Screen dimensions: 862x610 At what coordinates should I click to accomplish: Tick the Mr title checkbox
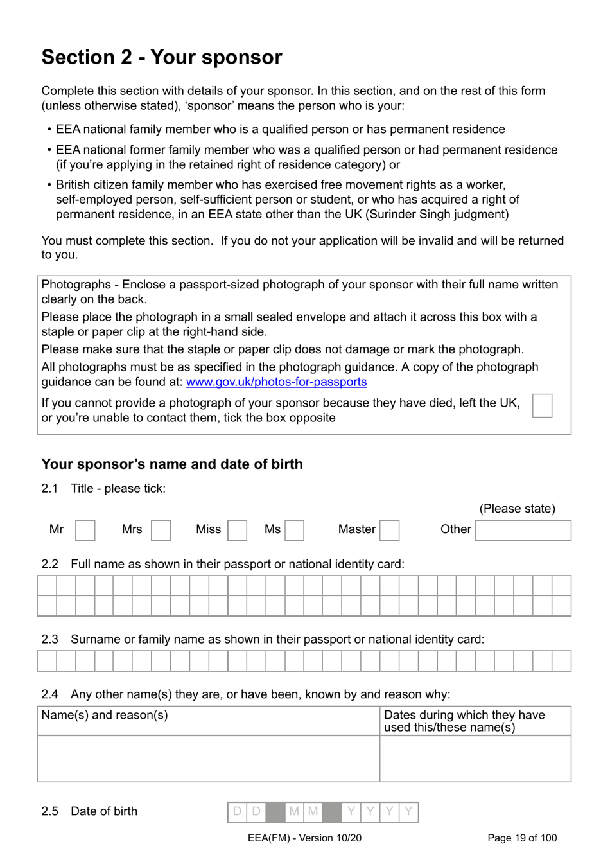click(x=85, y=530)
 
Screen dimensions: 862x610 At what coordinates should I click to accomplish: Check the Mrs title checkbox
click(x=161, y=530)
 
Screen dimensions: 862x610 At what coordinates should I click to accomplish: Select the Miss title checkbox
click(x=237, y=530)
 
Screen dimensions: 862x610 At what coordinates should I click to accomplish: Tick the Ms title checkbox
click(x=294, y=530)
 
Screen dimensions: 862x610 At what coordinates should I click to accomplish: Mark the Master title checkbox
click(x=389, y=530)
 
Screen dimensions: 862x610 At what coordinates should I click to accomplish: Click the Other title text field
click(x=523, y=530)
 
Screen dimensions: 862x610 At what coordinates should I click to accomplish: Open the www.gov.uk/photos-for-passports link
click(x=276, y=382)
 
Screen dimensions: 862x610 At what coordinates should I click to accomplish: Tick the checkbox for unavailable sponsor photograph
click(x=542, y=406)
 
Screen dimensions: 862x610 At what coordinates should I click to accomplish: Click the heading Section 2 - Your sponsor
click(x=162, y=57)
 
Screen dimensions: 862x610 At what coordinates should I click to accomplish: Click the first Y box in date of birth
click(x=351, y=811)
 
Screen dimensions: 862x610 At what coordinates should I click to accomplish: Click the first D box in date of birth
click(x=238, y=811)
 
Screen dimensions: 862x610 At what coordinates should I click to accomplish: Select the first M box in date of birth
click(x=294, y=811)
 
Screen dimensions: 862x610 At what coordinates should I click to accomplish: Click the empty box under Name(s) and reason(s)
click(x=208, y=758)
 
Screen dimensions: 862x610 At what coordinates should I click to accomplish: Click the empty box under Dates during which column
click(x=475, y=758)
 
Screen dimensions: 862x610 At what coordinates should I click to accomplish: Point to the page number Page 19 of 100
click(x=522, y=838)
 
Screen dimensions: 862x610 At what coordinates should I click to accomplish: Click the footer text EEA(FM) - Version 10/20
click(x=304, y=838)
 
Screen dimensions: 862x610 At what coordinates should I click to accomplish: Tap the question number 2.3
click(x=49, y=639)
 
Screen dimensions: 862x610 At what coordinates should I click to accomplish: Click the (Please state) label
click(x=517, y=508)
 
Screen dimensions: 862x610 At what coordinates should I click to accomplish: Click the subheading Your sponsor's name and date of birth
click(x=172, y=464)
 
